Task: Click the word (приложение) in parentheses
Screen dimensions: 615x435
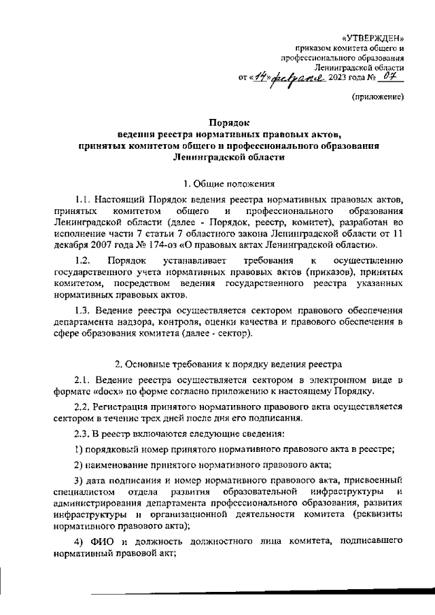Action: [378, 98]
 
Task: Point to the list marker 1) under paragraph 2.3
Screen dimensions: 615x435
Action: [79, 448]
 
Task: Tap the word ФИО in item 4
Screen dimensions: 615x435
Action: [103, 540]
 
